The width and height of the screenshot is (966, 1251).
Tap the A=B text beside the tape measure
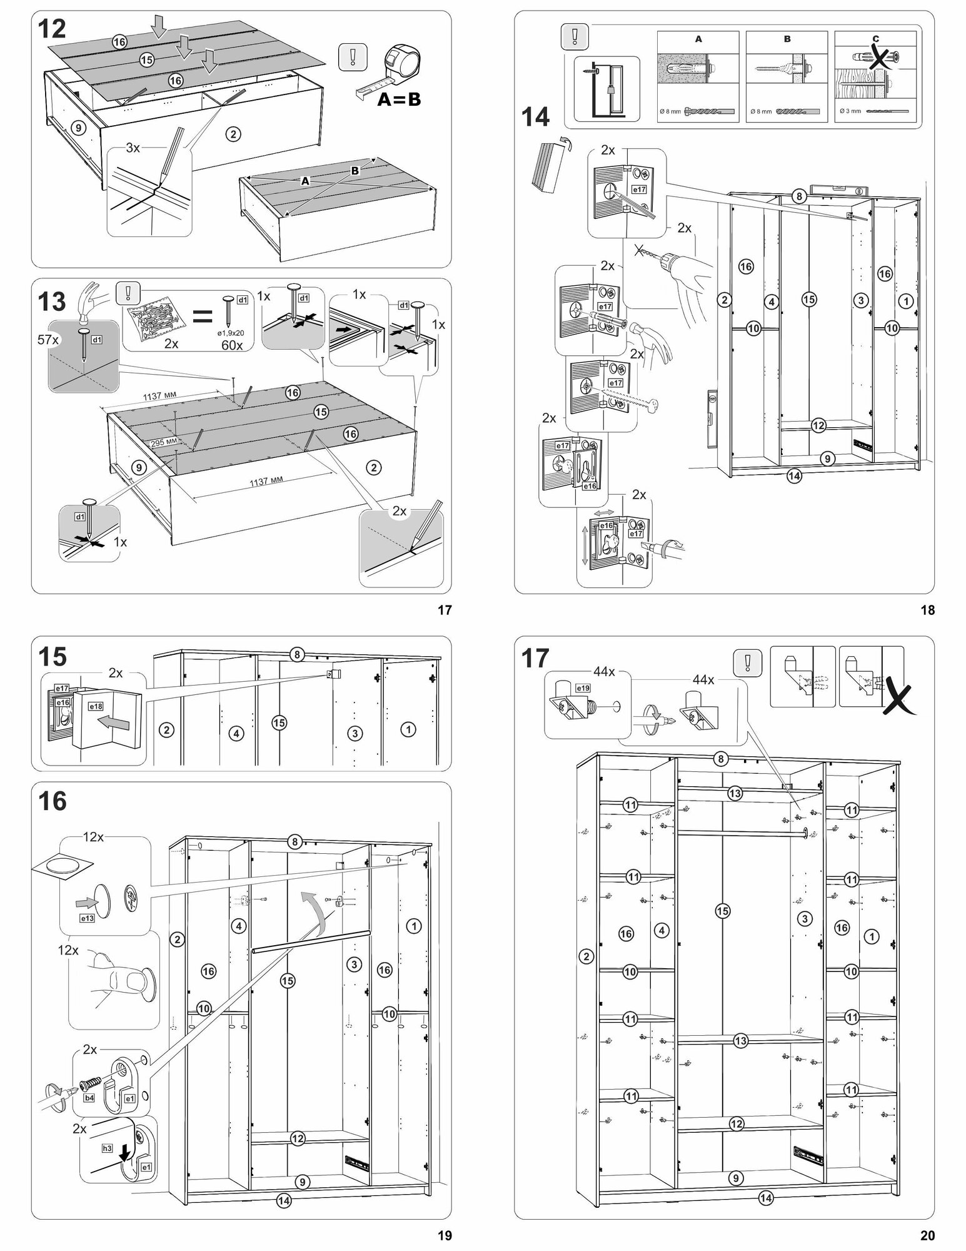(399, 100)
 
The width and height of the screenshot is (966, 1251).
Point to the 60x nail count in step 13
(232, 345)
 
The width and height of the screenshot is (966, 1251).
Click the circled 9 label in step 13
(139, 467)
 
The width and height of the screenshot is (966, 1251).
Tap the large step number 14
(535, 117)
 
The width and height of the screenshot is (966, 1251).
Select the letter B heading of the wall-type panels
(787, 39)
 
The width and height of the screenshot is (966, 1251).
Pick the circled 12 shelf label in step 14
(818, 425)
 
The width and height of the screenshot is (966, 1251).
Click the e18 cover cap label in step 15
(96, 706)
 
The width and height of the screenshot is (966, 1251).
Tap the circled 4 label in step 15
(236, 733)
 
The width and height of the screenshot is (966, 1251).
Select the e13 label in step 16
(87, 918)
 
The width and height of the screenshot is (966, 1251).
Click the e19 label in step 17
(582, 687)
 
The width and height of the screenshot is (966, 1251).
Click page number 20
(927, 1235)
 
